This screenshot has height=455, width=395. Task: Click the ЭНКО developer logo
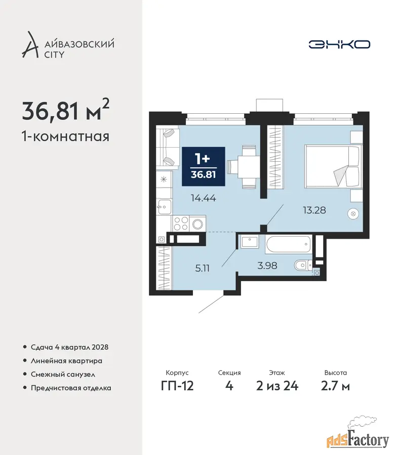click(339, 44)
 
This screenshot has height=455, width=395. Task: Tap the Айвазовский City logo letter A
click(30, 44)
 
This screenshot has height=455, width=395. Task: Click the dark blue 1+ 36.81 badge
click(204, 166)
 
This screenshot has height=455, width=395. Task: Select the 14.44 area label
click(204, 198)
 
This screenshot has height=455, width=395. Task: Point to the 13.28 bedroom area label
click(314, 210)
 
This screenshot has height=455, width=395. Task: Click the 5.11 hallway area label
click(202, 268)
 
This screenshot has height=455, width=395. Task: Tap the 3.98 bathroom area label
click(267, 265)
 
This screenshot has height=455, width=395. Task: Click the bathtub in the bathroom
click(288, 244)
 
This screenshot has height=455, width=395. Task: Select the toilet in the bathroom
click(303, 264)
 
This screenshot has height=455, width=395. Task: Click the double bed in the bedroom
click(333, 166)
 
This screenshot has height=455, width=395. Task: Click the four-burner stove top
click(180, 223)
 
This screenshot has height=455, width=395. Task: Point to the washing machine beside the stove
click(197, 223)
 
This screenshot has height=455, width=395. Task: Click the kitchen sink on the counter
click(164, 207)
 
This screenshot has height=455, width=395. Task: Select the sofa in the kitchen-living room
click(168, 148)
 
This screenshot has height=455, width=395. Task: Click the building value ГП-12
click(177, 386)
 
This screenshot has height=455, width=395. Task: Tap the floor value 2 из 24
click(278, 386)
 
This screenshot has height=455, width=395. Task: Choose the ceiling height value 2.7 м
click(335, 386)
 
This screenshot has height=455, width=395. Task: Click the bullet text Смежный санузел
click(63, 374)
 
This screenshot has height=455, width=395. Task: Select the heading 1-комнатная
click(66, 136)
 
